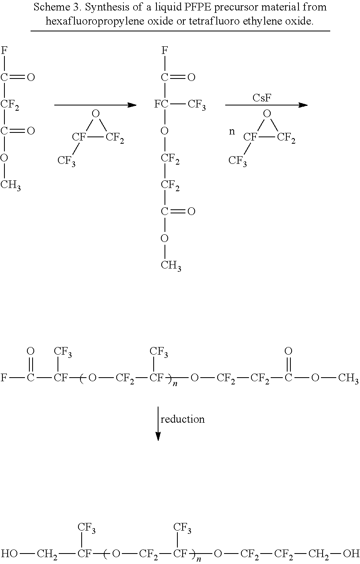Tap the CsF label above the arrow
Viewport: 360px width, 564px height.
pos(262,98)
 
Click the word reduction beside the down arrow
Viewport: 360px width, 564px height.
pos(183,419)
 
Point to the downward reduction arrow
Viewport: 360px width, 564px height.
pos(158,424)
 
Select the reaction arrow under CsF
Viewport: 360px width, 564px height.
pos(266,105)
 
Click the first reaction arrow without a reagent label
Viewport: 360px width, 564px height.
pos(95,105)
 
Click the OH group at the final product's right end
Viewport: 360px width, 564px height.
pos(351,553)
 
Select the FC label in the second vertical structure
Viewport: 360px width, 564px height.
pos(161,104)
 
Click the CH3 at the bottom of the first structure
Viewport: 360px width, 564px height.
pos(10,185)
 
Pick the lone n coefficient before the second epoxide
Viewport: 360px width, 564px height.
pos(232,132)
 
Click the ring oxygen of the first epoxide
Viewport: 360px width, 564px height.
pos(96,114)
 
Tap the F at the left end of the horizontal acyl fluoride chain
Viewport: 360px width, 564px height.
pos(4,378)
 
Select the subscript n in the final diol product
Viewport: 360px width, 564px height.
pos(198,559)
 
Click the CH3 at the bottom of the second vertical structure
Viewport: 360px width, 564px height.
pos(171,266)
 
